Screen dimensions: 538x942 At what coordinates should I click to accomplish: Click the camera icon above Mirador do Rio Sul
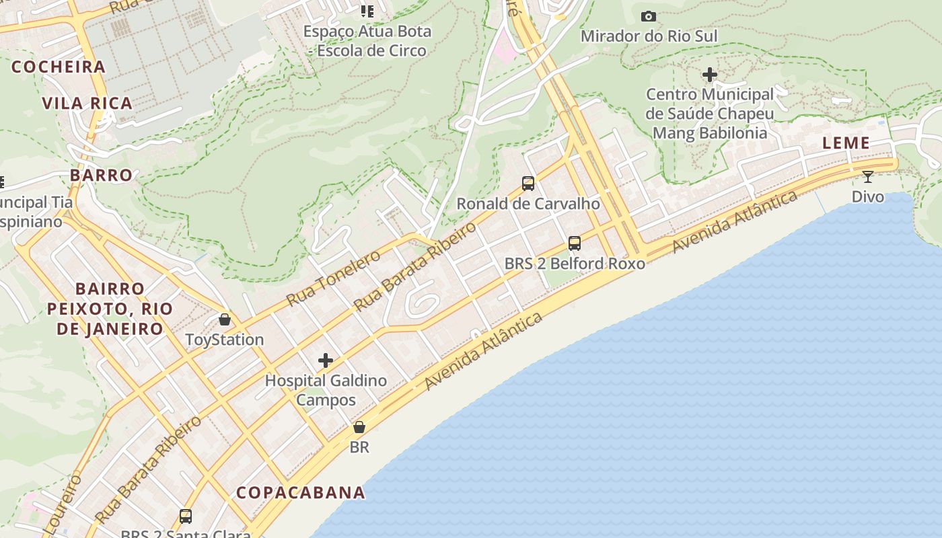coord(649,16)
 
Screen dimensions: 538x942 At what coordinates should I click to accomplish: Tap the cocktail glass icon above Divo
coord(868,177)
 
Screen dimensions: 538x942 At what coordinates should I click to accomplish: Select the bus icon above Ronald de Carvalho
coord(528,183)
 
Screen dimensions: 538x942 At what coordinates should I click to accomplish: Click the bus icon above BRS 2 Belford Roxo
coord(575,243)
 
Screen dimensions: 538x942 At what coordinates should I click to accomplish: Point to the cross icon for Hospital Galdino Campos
coord(326,360)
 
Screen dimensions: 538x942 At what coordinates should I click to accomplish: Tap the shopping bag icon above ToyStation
coord(225,319)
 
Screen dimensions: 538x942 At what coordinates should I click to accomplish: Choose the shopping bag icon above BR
coord(359,427)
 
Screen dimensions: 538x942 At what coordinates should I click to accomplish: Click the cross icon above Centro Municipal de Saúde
coord(710,75)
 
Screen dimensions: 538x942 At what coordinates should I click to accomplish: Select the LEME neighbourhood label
coord(846,143)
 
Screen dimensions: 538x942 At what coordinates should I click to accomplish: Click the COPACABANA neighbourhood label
coord(300,492)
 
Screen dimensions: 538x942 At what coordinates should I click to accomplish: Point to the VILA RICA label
coord(87,104)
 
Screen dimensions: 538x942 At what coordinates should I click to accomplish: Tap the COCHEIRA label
coord(59,67)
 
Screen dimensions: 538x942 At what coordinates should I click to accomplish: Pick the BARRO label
coord(102,175)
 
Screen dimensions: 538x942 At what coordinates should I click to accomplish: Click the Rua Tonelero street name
coord(332,278)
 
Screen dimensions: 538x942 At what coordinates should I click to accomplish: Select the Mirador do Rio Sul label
coord(649,36)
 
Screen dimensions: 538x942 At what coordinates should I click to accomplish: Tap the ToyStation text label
coord(225,340)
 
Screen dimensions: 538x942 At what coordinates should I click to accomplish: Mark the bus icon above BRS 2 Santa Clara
coord(186,516)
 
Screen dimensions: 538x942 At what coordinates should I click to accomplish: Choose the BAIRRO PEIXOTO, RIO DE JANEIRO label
coord(110,309)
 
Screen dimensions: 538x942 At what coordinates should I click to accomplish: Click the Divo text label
coord(868,197)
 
